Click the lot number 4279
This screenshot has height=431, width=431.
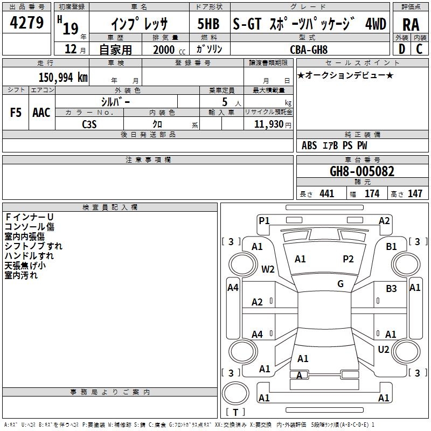[x=26, y=23]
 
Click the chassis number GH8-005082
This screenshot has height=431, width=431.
[x=362, y=172]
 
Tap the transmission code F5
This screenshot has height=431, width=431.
[x=16, y=113]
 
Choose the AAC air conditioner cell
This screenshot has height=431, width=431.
[x=41, y=113]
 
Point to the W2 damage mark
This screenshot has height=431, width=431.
[x=268, y=269]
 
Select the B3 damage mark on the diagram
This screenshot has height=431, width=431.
[x=391, y=289]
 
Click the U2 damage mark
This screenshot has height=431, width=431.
[x=384, y=349]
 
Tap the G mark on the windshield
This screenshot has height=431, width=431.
[x=340, y=284]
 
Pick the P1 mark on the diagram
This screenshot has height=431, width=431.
[x=264, y=220]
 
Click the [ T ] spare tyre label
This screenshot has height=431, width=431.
[x=235, y=413]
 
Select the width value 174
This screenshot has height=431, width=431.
[x=372, y=193]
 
